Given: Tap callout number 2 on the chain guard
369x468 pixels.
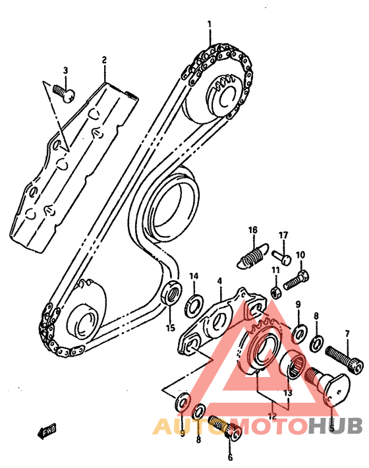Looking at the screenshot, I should [104, 61].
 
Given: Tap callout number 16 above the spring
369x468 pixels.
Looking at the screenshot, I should [252, 229].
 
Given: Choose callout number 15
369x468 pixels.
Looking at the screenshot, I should [170, 327].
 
